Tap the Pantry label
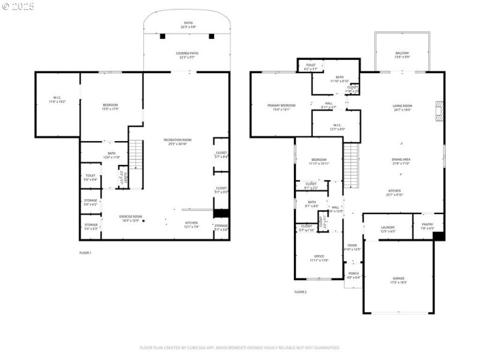point(427,226)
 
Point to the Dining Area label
point(401,161)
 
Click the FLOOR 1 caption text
point(85,253)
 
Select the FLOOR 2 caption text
point(300,292)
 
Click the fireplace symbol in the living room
point(440,109)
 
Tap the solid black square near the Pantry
point(439,236)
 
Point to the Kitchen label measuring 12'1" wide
point(191,224)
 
